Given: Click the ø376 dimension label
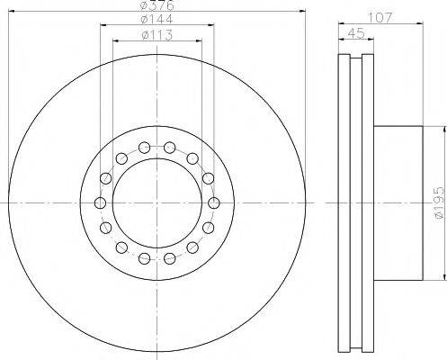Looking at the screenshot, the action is [157, 4].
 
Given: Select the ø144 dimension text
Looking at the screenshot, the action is [157, 19].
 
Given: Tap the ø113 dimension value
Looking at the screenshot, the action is [157, 35].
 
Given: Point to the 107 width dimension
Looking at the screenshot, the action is [380, 18].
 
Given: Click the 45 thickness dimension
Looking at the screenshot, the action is [356, 33].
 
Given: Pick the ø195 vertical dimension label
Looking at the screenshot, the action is [440, 203].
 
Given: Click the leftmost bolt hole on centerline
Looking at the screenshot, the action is [100, 203].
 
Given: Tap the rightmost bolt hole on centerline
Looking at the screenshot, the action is [213, 203].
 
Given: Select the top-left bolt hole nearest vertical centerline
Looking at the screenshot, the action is [145, 147].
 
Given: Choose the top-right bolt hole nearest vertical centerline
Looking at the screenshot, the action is [170, 147].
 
